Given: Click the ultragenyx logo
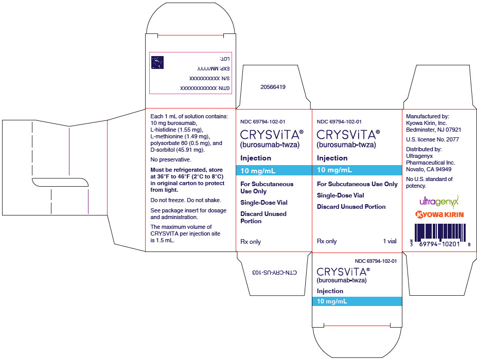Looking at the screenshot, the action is [439, 201].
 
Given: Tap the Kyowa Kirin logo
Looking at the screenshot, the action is [439, 214].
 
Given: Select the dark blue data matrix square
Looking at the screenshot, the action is [157, 62].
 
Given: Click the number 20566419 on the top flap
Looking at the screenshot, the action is [273, 87].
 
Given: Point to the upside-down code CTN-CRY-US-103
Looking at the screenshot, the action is [274, 273].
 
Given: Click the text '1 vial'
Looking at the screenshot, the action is [390, 241].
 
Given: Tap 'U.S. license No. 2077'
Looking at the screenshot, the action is [432, 139].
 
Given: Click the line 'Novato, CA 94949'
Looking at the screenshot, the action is [429, 169].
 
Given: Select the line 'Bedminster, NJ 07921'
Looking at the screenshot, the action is [433, 130].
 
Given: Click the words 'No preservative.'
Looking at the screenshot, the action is [171, 159].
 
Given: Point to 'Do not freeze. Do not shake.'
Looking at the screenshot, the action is [186, 201].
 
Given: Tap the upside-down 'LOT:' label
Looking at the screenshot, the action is [224, 59].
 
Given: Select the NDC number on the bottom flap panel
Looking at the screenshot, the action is [376, 261].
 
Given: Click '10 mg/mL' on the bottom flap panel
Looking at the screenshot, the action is [332, 301].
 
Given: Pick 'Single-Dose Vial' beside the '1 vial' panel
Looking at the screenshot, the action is [341, 195].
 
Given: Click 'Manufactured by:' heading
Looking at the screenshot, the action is [428, 116].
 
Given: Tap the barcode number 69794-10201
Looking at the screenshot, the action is [439, 244].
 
